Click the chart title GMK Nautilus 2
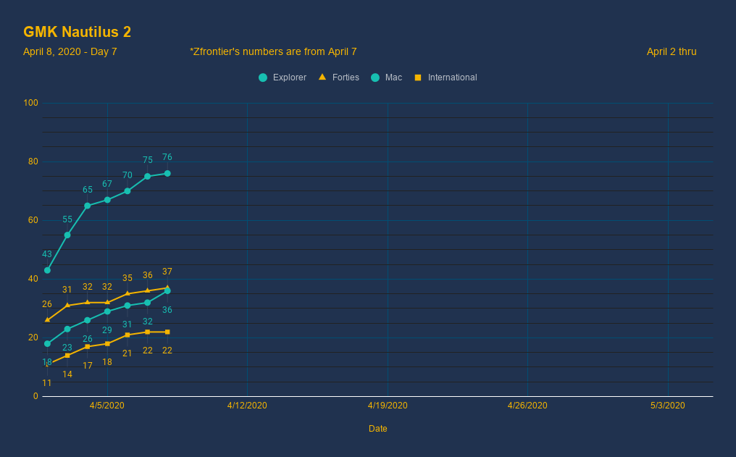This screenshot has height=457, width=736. [x=77, y=32]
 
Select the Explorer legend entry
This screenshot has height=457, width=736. [x=283, y=77]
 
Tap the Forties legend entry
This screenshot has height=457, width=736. [x=339, y=77]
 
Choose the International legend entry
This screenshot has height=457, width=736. [x=446, y=77]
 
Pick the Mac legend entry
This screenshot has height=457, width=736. [x=387, y=77]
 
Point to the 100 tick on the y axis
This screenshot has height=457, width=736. [x=30, y=103]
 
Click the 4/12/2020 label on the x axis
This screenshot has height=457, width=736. [x=247, y=406]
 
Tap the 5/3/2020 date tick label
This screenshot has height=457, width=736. [x=668, y=406]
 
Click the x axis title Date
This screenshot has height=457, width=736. [x=377, y=429]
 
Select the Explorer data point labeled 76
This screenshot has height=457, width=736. [x=167, y=173]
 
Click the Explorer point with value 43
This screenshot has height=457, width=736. [x=47, y=270]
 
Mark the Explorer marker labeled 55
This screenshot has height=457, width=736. [x=67, y=235]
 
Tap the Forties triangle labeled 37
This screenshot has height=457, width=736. [x=167, y=288]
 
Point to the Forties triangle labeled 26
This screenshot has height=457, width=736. [x=47, y=319]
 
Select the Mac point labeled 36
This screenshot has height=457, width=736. [x=167, y=290]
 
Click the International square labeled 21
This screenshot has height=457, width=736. [x=127, y=335]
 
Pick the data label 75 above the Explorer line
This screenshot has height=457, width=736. [x=147, y=160]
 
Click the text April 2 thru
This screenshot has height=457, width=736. [x=671, y=51]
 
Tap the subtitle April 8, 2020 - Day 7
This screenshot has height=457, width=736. [x=70, y=51]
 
